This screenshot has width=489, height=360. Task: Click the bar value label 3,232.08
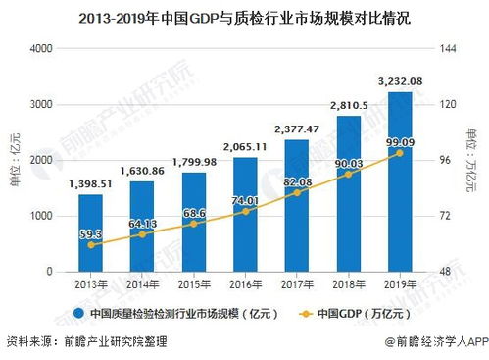coord(399,80)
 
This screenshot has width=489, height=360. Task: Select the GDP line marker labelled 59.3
coord(91,244)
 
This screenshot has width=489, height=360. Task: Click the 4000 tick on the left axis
coord(41,48)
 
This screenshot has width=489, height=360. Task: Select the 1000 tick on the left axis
coord(41,215)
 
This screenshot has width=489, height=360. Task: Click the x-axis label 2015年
coord(193,283)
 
